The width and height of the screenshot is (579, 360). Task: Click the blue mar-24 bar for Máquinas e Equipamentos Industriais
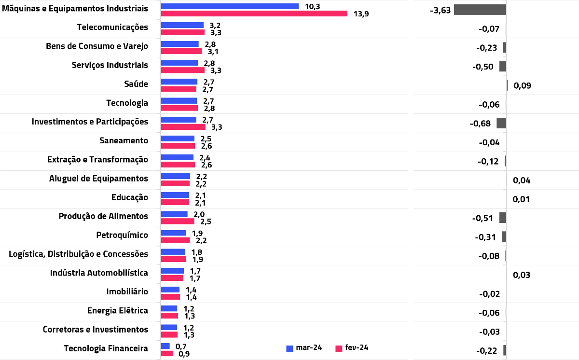coord(230,6)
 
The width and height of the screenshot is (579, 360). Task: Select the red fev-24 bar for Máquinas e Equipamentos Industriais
coord(254,14)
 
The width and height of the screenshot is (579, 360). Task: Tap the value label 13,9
coord(361,14)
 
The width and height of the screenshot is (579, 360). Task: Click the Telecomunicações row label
coord(112,27)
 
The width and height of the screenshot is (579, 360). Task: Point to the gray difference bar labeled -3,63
coord(480,10)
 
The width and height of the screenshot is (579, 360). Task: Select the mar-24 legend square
coord(289,348)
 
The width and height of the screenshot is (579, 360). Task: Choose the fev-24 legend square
coord(339,348)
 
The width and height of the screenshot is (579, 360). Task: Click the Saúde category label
coord(136,84)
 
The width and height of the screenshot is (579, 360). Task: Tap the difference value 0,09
coord(522,86)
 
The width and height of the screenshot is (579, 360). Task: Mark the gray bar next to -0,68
coord(501,123)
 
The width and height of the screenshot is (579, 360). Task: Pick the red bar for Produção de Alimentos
coord(177,221)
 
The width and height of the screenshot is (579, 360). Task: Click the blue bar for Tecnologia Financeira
coord(165,346)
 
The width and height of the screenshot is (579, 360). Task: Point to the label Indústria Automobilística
coord(99,273)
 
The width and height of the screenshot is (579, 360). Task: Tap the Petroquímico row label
coord(122,235)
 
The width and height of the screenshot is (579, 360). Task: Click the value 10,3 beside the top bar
coord(312,6)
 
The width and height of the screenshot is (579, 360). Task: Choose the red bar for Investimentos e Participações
coord(183,127)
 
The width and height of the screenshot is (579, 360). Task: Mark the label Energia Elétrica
coord(117,311)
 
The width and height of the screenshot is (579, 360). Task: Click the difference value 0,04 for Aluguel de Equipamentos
coord(522,180)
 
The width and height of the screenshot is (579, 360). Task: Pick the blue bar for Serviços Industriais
coord(179,63)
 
